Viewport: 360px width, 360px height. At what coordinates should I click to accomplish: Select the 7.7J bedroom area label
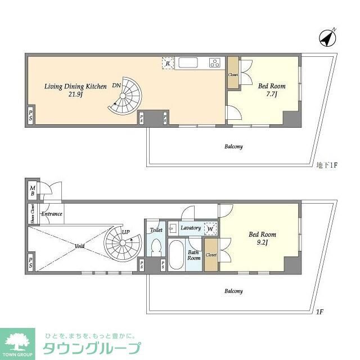(x=272, y=94)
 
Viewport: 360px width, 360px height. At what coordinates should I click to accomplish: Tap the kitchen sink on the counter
(x=187, y=62)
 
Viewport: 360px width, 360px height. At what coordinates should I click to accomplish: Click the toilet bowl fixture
(x=155, y=247)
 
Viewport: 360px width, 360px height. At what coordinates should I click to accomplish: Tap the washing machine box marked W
(x=210, y=228)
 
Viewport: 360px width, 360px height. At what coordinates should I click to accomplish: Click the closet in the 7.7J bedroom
(x=233, y=74)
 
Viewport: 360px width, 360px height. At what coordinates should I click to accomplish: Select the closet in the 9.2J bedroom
(x=211, y=254)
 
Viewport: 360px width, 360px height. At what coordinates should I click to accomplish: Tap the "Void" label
(x=79, y=246)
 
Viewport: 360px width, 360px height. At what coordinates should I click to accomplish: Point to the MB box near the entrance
(x=33, y=191)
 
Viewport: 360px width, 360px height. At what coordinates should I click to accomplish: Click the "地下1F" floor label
(x=326, y=164)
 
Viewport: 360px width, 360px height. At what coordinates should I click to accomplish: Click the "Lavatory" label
(x=191, y=228)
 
